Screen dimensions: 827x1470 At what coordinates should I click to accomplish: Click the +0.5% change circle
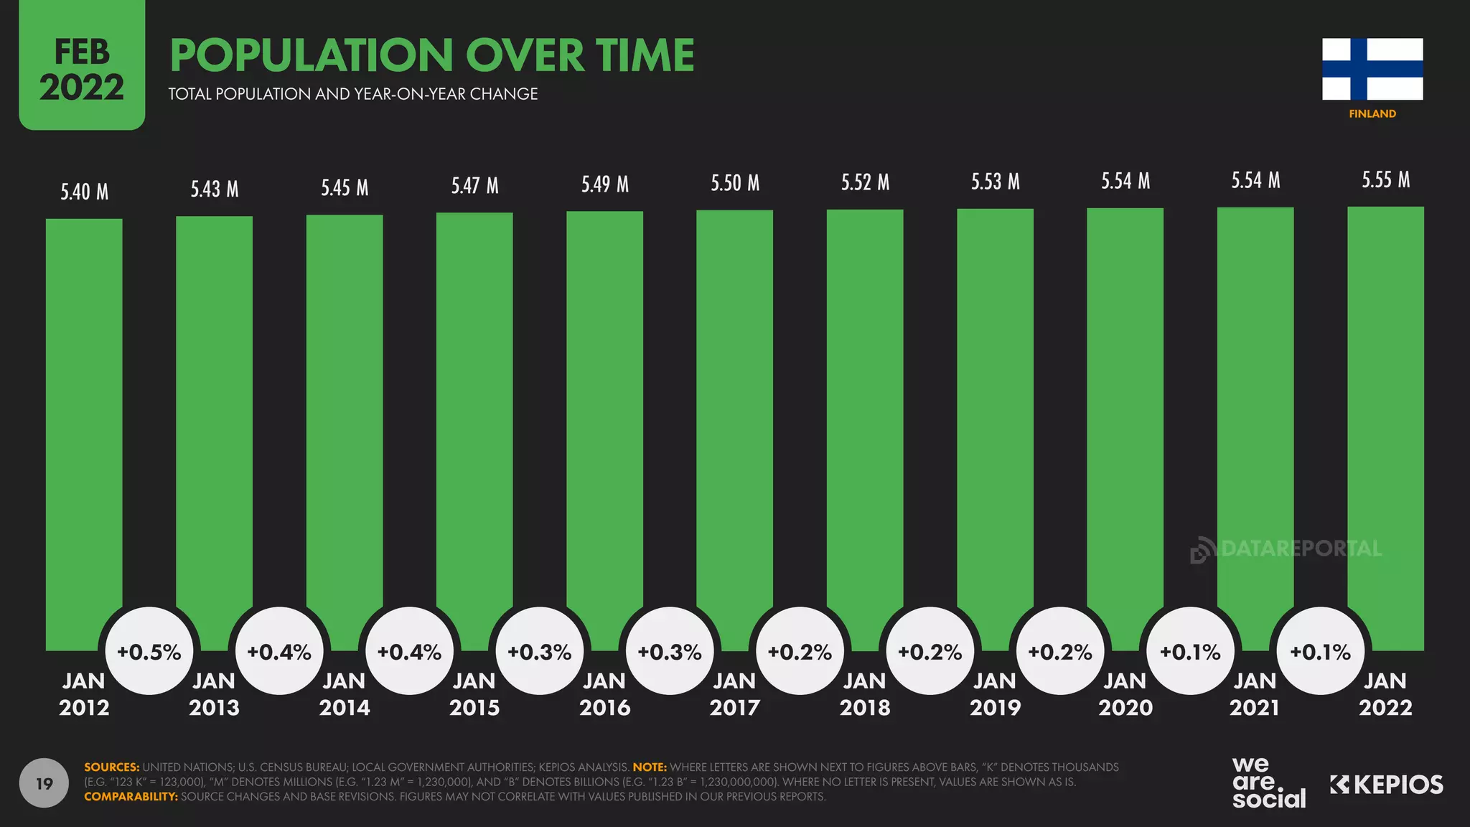point(149,651)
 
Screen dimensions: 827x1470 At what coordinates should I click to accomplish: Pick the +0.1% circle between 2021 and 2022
point(1320,651)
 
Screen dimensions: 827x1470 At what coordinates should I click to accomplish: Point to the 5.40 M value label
point(84,192)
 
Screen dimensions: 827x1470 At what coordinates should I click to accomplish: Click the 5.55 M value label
point(1385,179)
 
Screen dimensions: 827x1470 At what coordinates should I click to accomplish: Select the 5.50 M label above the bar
point(734,183)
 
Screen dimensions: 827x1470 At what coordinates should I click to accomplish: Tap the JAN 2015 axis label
point(474,693)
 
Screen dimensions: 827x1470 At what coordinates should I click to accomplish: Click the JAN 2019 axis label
point(995,693)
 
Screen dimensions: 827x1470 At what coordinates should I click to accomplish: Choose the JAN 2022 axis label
point(1385,693)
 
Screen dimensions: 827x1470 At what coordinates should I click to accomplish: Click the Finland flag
point(1372,69)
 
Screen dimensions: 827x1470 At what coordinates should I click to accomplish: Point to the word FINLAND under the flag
point(1372,113)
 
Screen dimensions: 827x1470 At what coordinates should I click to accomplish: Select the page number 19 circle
point(44,782)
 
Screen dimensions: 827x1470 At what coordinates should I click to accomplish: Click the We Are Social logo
point(1268,782)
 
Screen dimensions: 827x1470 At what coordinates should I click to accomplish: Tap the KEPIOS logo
point(1386,785)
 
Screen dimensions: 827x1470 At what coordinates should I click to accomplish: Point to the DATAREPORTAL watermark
point(1286,549)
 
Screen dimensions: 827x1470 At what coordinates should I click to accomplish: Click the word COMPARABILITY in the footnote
point(131,796)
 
